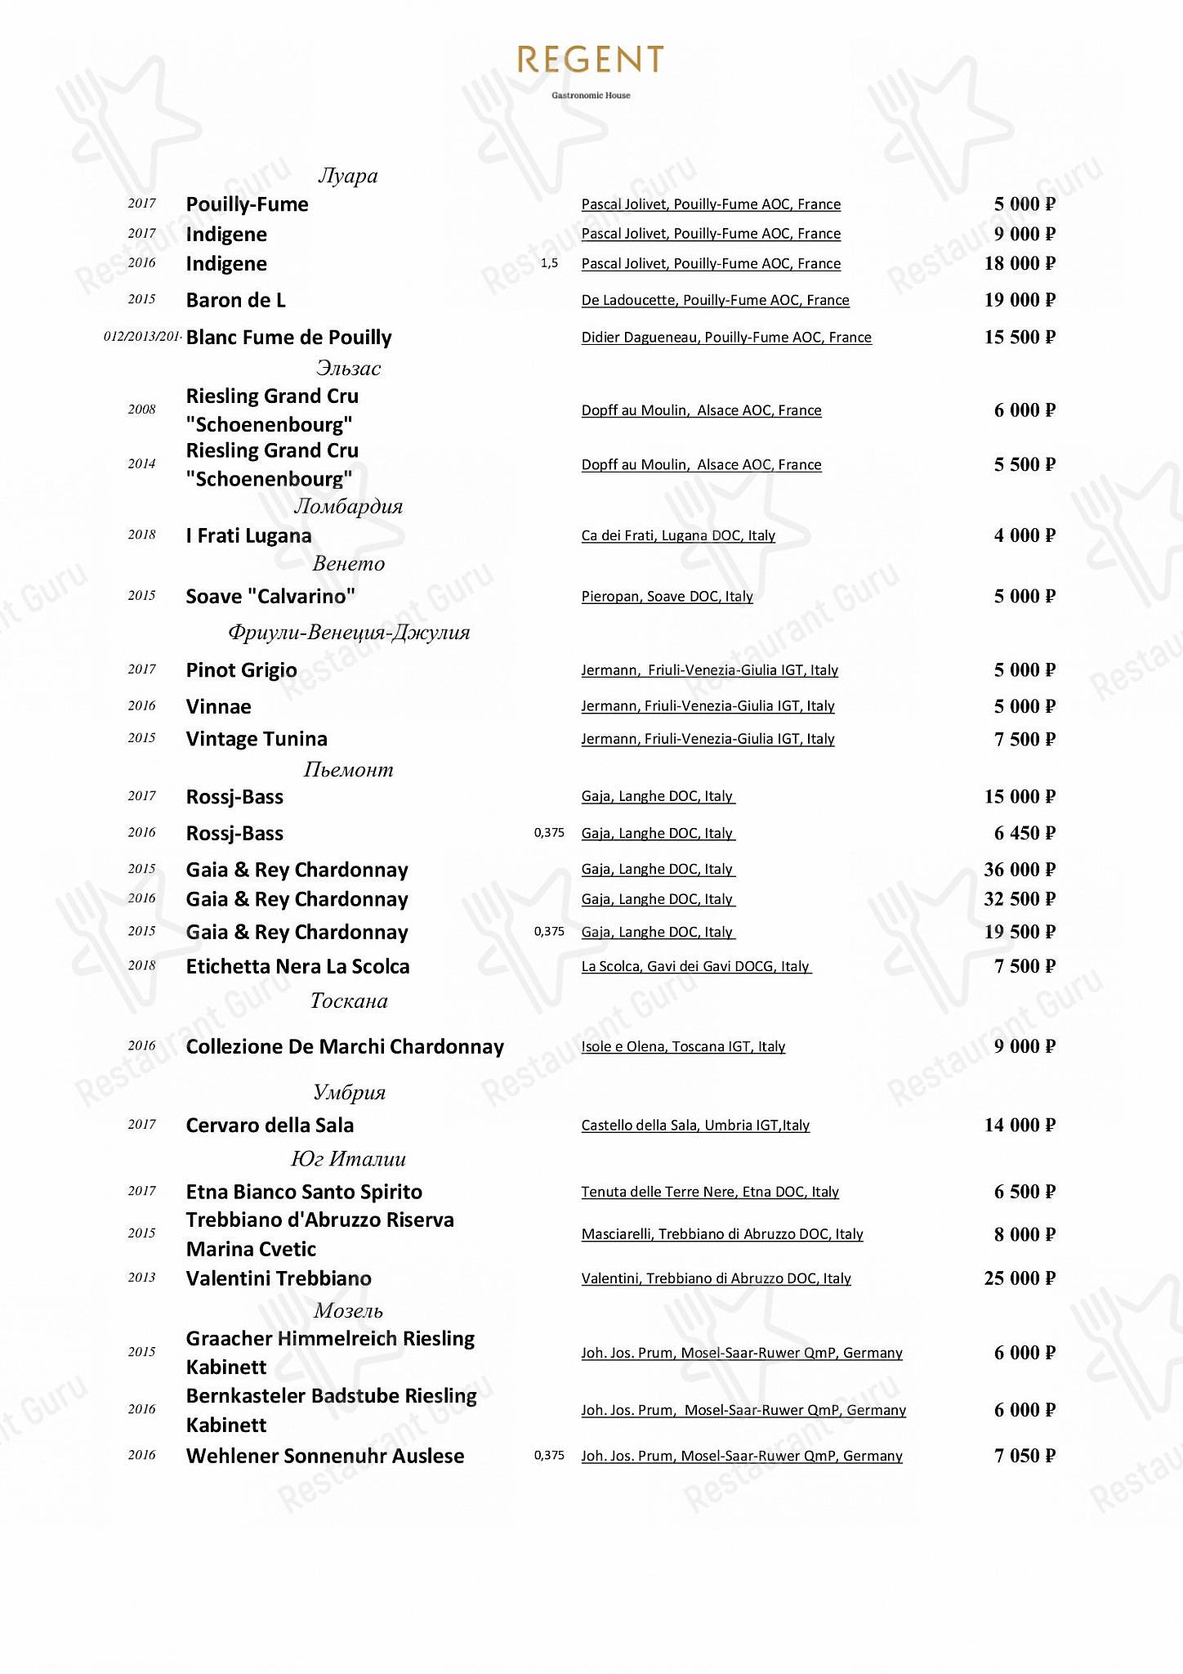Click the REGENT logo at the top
[x=590, y=60]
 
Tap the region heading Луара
[x=348, y=176]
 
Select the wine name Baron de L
[x=236, y=300]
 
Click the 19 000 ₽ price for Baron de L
[x=1020, y=300]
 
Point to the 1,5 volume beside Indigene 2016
[x=550, y=263]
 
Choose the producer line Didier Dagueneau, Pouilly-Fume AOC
[x=726, y=338]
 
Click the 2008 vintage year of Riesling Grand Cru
[x=141, y=410]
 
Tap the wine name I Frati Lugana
[x=248, y=535]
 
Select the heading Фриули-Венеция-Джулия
[x=349, y=632]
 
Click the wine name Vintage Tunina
[x=257, y=739]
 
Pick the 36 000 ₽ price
[x=1020, y=870]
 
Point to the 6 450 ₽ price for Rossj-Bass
[x=1025, y=833]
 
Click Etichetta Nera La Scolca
[x=297, y=966]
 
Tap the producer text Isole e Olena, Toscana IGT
[x=683, y=1046]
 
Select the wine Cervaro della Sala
[x=270, y=1125]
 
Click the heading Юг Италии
[x=348, y=1159]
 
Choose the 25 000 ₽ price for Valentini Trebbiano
[x=1020, y=1278]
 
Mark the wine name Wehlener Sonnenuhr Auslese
[x=325, y=1456]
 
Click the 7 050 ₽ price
[x=1025, y=1456]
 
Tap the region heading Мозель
[x=348, y=1311]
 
